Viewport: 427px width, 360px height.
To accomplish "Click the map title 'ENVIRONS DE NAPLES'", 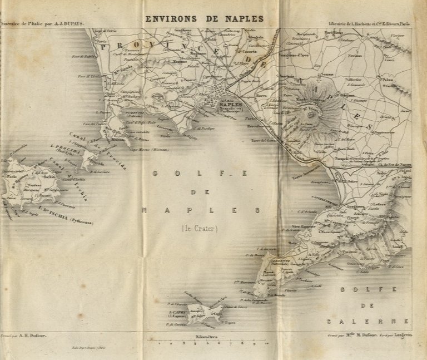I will tap(204, 18).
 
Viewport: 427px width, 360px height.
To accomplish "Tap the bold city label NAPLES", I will tap(232, 103).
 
